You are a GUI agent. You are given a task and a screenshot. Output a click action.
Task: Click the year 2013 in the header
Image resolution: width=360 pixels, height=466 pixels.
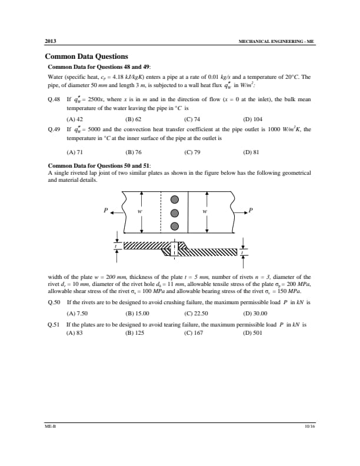(x=51, y=42)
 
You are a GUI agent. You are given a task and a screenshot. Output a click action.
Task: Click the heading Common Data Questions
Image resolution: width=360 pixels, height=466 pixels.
(x=86, y=57)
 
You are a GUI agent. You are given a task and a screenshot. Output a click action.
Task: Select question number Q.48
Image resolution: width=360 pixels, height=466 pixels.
(x=54, y=101)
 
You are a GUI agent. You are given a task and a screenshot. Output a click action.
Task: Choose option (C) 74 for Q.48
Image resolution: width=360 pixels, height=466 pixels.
(x=192, y=118)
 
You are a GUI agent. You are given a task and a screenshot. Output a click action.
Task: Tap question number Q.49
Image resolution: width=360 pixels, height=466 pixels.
(x=54, y=129)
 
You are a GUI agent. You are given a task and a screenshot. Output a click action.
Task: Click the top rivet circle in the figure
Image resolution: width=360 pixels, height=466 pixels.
(x=174, y=199)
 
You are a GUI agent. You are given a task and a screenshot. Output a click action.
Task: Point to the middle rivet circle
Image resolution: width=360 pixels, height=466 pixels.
(x=174, y=212)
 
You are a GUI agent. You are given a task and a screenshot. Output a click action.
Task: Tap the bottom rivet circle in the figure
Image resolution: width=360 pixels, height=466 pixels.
(x=174, y=226)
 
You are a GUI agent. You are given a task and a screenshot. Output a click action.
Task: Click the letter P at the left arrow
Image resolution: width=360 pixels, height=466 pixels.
(x=106, y=210)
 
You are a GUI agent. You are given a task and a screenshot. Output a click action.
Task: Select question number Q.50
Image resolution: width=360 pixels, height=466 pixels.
(x=54, y=302)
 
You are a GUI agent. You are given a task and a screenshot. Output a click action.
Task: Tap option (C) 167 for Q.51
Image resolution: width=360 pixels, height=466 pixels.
(x=194, y=332)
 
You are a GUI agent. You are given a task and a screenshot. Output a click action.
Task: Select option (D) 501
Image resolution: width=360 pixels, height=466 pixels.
(x=252, y=332)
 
